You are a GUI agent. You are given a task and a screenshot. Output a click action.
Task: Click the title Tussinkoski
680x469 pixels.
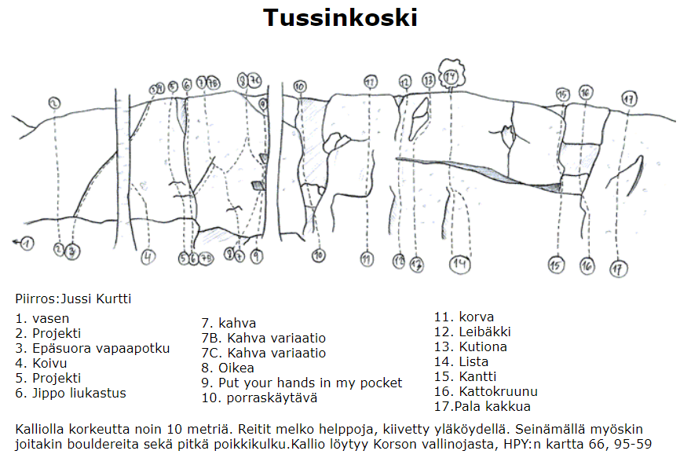[x=340, y=17]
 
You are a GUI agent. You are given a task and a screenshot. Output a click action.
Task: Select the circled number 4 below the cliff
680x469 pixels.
[x=148, y=256]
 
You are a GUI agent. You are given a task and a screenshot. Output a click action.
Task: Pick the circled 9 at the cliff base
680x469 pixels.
[x=257, y=255]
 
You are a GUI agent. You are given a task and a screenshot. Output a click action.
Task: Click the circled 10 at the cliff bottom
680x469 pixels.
[x=318, y=255]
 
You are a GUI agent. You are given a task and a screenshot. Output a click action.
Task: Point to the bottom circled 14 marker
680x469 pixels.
[x=460, y=264]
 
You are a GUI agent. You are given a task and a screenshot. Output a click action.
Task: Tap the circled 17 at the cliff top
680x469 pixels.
[x=628, y=100]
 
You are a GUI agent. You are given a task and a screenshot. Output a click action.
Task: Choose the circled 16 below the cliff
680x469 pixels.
[x=587, y=266]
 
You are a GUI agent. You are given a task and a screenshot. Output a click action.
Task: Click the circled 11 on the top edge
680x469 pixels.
[x=371, y=82]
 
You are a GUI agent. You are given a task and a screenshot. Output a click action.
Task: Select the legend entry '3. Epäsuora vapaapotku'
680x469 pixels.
[x=93, y=348]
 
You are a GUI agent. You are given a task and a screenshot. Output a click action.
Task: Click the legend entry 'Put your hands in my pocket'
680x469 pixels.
[x=302, y=383]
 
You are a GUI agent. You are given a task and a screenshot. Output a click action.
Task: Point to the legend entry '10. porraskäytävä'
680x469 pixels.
[x=259, y=398]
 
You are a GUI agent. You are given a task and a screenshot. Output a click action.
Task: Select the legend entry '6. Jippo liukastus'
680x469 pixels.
[x=71, y=393]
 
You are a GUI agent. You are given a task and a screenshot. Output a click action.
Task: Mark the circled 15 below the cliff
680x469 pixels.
[x=557, y=266]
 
